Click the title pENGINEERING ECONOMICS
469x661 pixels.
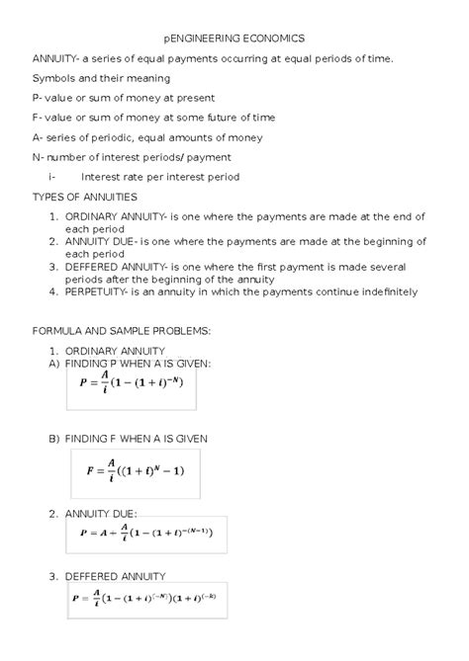point(234,37)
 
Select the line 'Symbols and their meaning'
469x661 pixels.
point(101,77)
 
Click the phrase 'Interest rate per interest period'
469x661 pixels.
point(160,177)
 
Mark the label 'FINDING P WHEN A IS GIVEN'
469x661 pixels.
point(138,364)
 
